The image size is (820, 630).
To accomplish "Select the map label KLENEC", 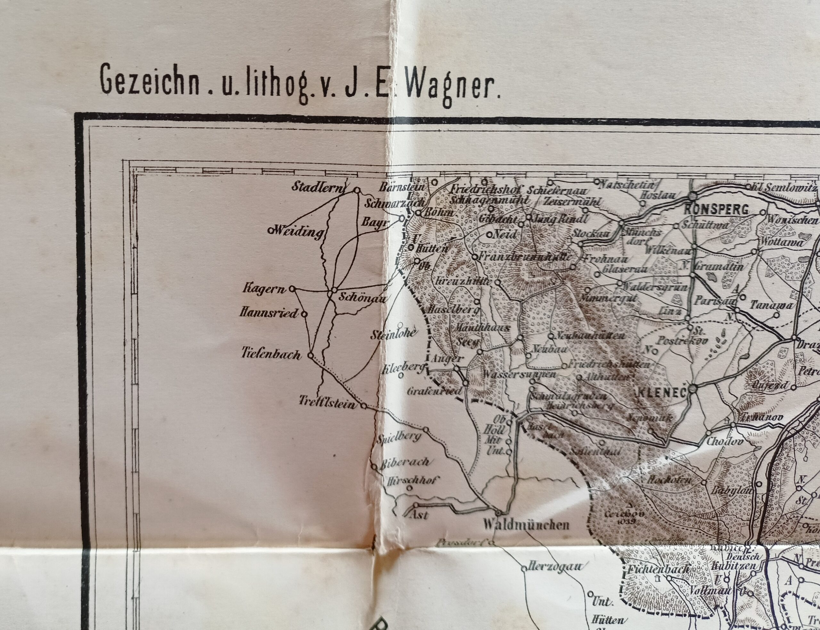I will [662, 393].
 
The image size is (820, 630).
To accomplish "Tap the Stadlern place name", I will [317, 187].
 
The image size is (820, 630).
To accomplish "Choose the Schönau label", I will [362, 297].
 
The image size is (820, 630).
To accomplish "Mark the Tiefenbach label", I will [271, 354].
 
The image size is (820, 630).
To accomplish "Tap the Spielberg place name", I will [399, 438].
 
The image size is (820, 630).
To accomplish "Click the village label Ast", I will [419, 515].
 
